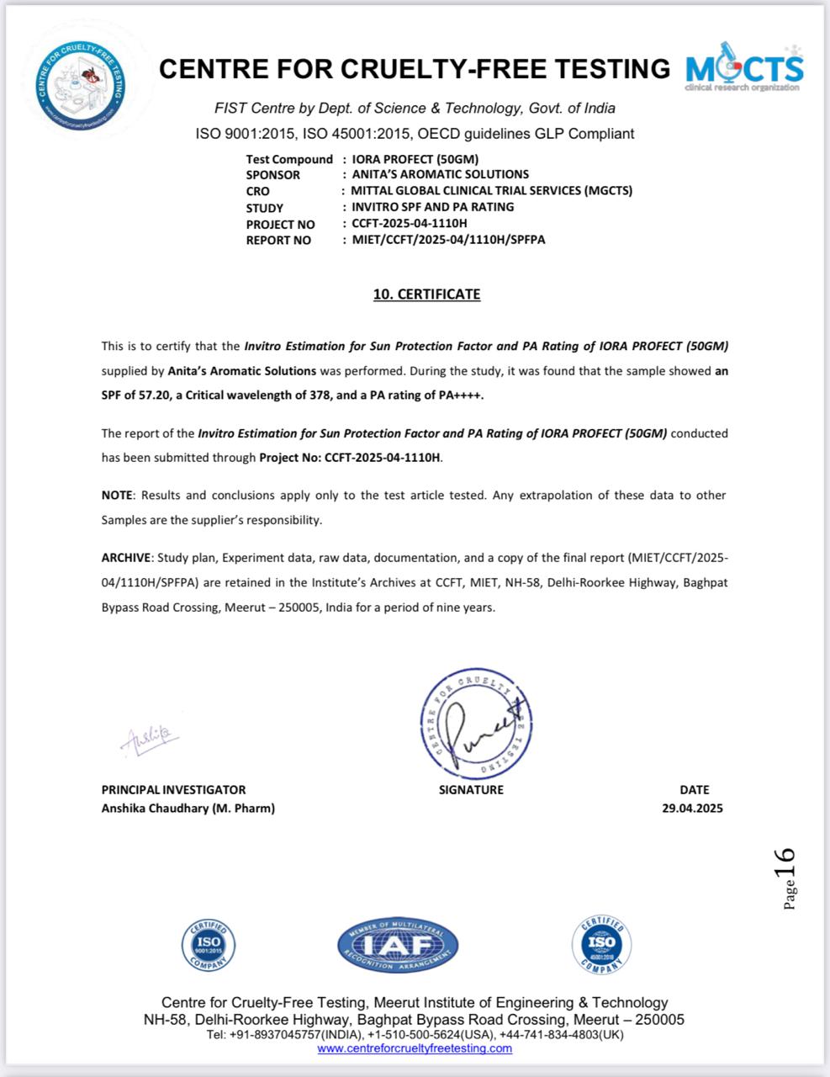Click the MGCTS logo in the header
coord(743,66)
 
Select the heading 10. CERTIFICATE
coord(427,294)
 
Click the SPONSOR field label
coord(273,175)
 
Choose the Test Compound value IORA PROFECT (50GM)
coord(415,159)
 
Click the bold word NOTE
coord(117,496)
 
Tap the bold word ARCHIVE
coord(126,558)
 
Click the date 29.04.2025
coord(692,809)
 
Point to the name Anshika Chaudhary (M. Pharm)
coord(188,809)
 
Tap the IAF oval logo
coord(398,945)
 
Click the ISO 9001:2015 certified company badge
coord(209,944)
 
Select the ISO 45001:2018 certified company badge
coord(601,944)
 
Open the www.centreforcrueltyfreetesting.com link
coord(415,1048)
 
